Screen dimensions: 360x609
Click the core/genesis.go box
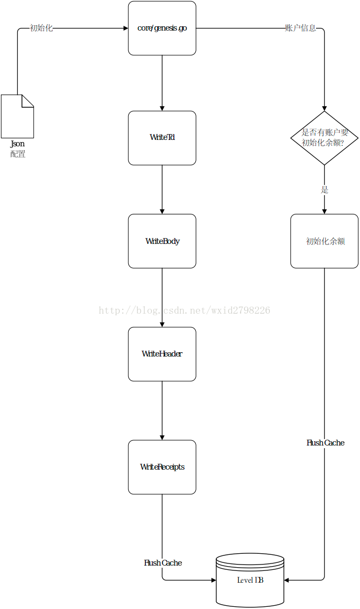click(162, 28)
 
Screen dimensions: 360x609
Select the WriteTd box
click(162, 138)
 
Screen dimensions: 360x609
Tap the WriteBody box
click(162, 241)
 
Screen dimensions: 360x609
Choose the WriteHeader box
click(162, 354)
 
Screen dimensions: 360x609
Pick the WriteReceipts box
click(162, 467)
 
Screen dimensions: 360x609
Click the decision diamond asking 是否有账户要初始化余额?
click(324, 138)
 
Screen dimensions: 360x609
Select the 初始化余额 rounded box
click(324, 241)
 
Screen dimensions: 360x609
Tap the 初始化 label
click(41, 28)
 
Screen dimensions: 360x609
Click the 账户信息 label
click(300, 28)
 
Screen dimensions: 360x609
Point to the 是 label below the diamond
click(324, 190)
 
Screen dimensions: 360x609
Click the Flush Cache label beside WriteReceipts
click(325, 443)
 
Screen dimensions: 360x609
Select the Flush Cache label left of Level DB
click(163, 563)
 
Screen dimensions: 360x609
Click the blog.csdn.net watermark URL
click(184, 310)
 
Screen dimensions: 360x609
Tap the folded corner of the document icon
click(28, 100)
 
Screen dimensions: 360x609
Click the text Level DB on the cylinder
click(250, 580)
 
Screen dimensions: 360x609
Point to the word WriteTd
click(162, 137)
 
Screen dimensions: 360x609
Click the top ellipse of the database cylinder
click(250, 559)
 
